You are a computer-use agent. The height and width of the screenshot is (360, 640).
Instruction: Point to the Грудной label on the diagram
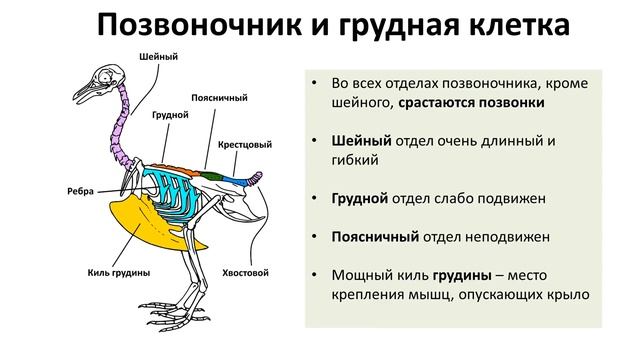pos(171,116)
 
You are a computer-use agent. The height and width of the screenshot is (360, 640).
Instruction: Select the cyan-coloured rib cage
pos(171,185)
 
